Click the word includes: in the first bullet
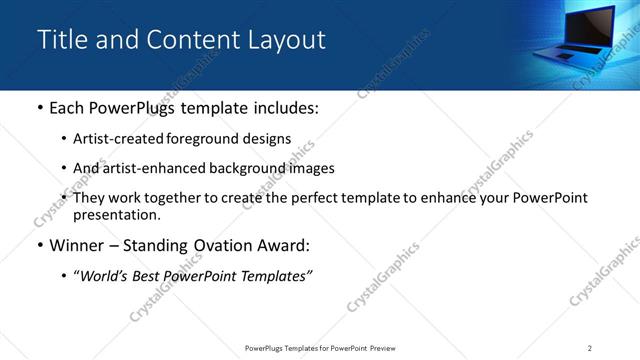[x=279, y=108]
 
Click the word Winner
[x=76, y=246]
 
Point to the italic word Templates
[x=278, y=276]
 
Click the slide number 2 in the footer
[x=590, y=348]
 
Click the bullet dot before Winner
[x=39, y=247]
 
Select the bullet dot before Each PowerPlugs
[x=39, y=109]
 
